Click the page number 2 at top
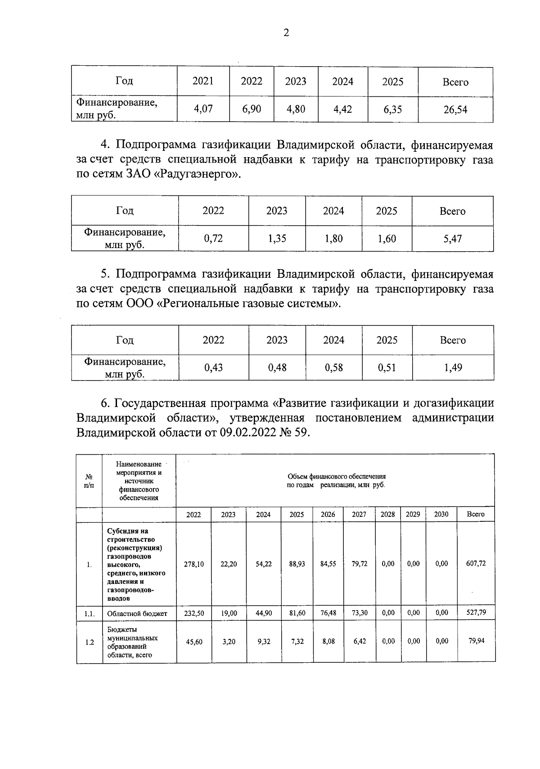(x=286, y=33)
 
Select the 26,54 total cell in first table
(x=455, y=109)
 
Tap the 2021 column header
(x=203, y=81)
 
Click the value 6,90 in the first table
(x=251, y=109)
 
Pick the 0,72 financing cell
(x=213, y=239)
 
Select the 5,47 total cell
(x=452, y=239)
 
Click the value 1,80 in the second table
(x=333, y=239)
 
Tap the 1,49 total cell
(x=453, y=368)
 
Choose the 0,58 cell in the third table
(x=333, y=368)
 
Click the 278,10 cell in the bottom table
(x=193, y=564)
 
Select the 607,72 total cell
(x=476, y=563)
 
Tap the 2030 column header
(x=441, y=514)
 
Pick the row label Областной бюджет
(x=137, y=613)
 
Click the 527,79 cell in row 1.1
(x=476, y=612)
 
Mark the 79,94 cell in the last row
(x=476, y=641)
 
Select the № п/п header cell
(x=89, y=481)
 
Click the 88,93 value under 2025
(x=297, y=564)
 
